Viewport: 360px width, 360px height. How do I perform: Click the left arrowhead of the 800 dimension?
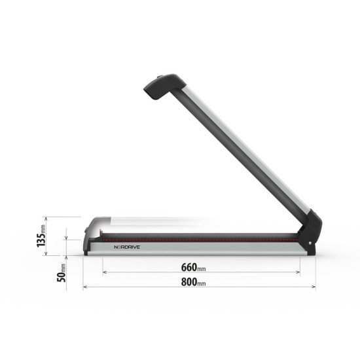85,287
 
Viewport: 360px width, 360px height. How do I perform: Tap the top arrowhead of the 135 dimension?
45,219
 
